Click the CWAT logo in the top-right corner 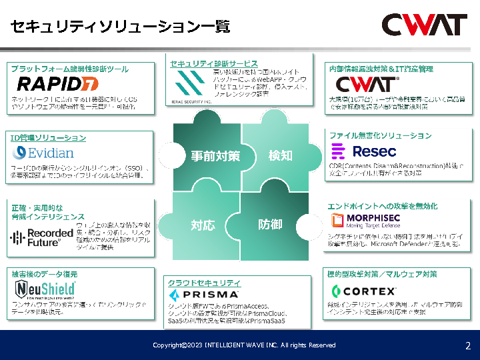coord(423,25)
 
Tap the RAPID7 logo coord(57,83)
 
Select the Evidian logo coord(43,153)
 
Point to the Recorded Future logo coord(41,237)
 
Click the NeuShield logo coord(45,289)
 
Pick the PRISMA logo coord(203,294)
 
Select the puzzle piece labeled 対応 coord(203,225)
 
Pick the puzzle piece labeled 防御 coord(269,225)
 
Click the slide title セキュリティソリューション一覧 coord(121,27)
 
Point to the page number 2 coord(467,345)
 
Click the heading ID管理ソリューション coord(48,137)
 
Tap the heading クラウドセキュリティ coord(204,283)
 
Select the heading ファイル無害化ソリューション coord(381,135)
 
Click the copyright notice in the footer coord(244,345)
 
